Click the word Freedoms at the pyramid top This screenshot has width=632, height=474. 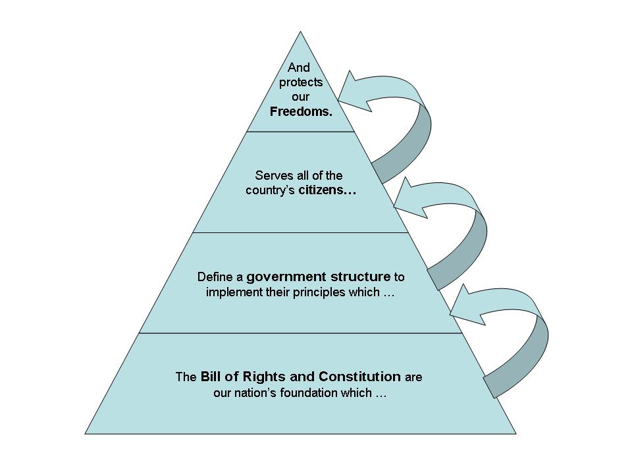[300, 111]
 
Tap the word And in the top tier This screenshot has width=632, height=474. [299, 68]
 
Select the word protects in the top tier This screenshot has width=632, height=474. [301, 82]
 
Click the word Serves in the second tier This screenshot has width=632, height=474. [270, 176]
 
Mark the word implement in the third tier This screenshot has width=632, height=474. [230, 292]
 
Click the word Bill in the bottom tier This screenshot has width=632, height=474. [211, 377]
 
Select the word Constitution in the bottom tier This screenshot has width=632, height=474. [359, 377]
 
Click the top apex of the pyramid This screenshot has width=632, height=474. [301, 32]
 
